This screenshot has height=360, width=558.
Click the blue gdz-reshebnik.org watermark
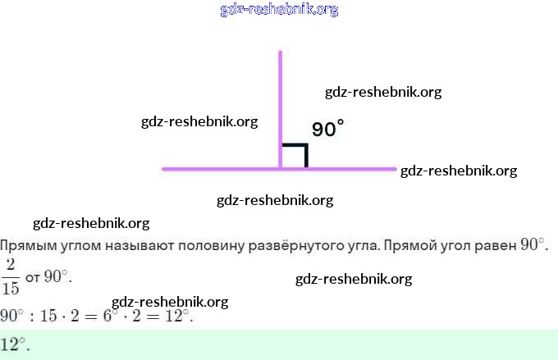pyautogui.click(x=279, y=10)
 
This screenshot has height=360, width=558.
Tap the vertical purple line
pyautogui.click(x=281, y=98)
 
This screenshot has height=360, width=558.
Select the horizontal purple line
pyautogui.click(x=213, y=169)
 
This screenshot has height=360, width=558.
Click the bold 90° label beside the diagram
pyautogui.click(x=327, y=129)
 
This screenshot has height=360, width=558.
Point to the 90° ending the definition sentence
pyautogui.click(x=533, y=245)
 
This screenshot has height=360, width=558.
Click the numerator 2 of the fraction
pyautogui.click(x=11, y=264)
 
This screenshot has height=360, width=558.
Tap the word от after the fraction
pyautogui.click(x=33, y=277)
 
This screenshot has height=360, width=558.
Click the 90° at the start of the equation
pyautogui.click(x=11, y=316)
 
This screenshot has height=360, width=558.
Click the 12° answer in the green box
pyautogui.click(x=14, y=344)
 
